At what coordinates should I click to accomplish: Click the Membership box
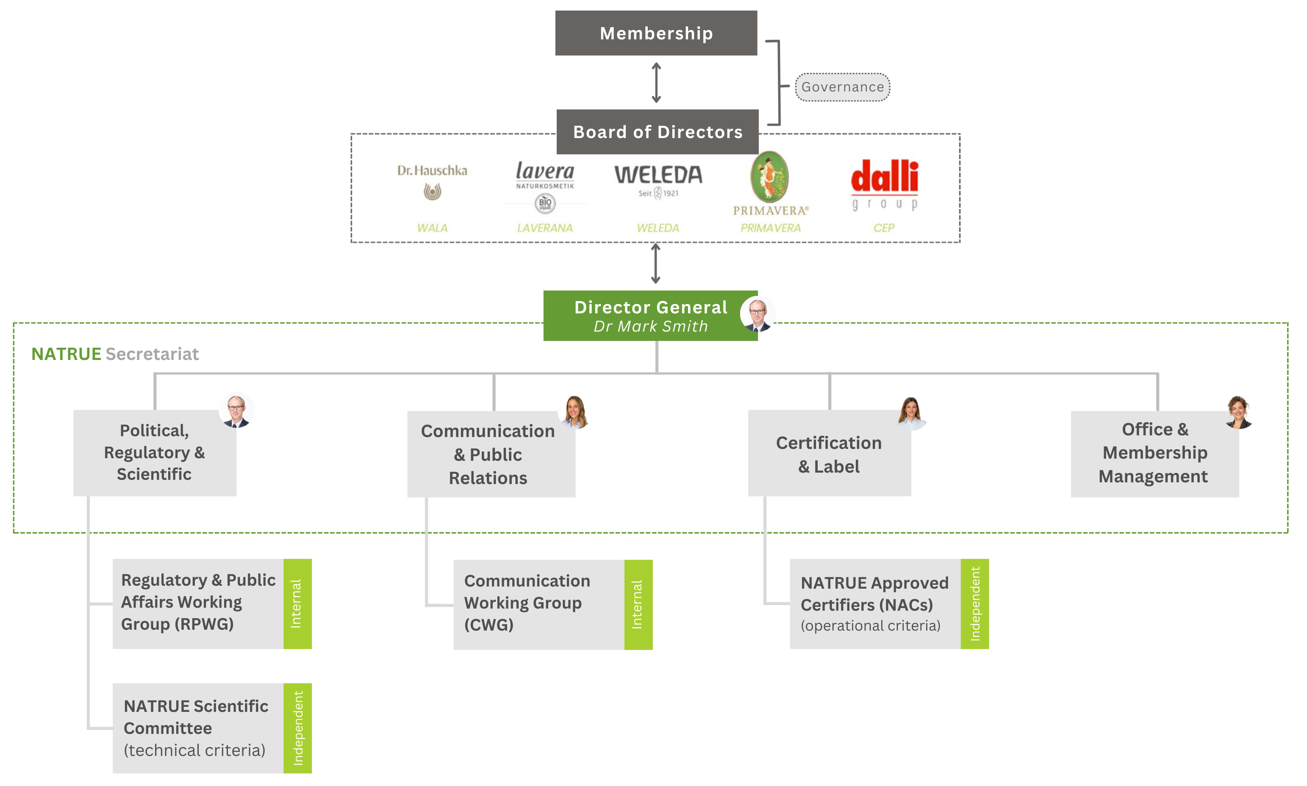[x=656, y=33]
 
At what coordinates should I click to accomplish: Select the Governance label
[x=842, y=87]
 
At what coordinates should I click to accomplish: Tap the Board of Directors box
[x=658, y=132]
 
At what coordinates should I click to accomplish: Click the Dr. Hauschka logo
[x=432, y=181]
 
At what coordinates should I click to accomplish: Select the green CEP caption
[x=884, y=228]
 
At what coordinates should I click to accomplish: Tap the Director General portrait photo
[x=758, y=313]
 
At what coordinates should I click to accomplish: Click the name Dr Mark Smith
[x=651, y=326]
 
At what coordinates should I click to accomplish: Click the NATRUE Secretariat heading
[x=115, y=354]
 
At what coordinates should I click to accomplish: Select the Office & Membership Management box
[x=1154, y=454]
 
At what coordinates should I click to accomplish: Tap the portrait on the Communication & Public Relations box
[x=575, y=410]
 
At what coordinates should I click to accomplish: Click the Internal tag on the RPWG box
[x=297, y=604]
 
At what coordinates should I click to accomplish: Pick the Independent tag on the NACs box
[x=974, y=604]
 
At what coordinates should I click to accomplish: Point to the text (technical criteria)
[x=194, y=750]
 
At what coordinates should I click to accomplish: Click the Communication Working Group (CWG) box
[x=538, y=604]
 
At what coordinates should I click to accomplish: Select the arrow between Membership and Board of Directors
[x=656, y=83]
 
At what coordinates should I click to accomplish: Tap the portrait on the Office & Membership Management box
[x=1239, y=412]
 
